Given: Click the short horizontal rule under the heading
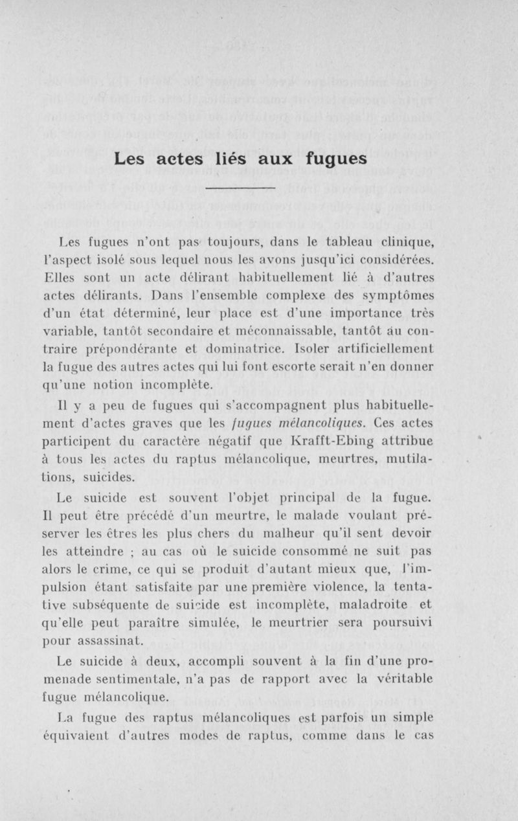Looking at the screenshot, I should (x=240, y=188).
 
